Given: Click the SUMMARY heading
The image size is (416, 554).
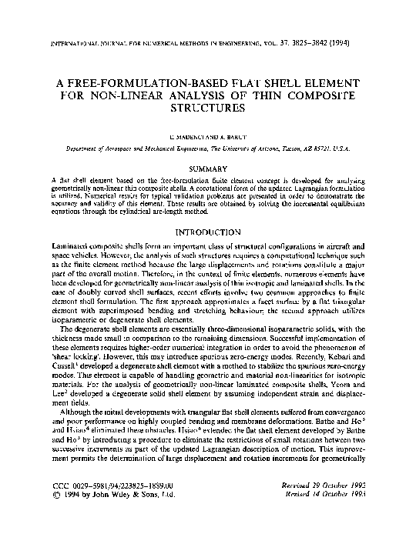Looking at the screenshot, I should [x=208, y=167].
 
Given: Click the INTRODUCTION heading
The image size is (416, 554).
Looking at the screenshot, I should [x=208, y=231].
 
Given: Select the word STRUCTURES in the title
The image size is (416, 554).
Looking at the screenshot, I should [x=208, y=110].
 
